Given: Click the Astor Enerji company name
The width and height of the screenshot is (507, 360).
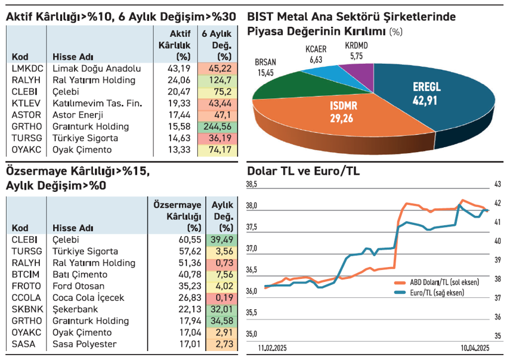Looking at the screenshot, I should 78,115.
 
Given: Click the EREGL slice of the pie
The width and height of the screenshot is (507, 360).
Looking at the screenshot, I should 441,95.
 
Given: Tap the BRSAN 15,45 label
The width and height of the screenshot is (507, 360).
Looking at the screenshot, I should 265,67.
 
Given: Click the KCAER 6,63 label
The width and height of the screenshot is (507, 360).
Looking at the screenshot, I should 316,55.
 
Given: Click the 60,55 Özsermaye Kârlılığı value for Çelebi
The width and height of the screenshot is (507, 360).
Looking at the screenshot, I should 180,240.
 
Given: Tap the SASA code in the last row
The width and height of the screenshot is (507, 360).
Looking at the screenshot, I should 23,345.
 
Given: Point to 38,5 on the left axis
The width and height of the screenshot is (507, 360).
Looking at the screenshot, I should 252,185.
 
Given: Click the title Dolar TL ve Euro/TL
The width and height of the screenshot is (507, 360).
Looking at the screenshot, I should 303,171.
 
